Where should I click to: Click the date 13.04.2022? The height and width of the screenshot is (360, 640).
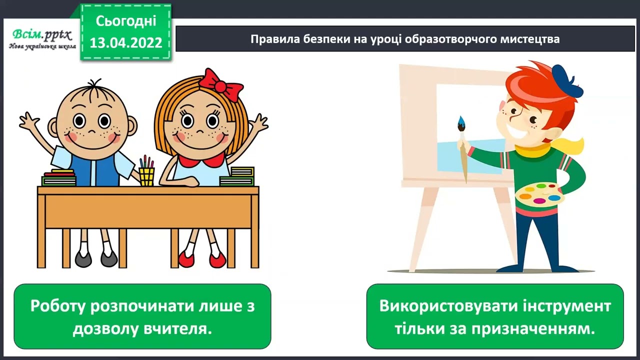[x=126, y=43]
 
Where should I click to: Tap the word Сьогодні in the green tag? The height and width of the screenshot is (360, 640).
[x=126, y=21]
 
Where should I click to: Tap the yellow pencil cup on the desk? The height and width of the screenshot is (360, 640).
[x=146, y=176]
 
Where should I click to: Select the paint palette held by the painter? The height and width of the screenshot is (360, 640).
[x=539, y=195]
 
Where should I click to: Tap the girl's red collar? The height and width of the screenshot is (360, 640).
[x=201, y=160]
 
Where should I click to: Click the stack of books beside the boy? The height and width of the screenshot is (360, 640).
[x=59, y=178]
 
